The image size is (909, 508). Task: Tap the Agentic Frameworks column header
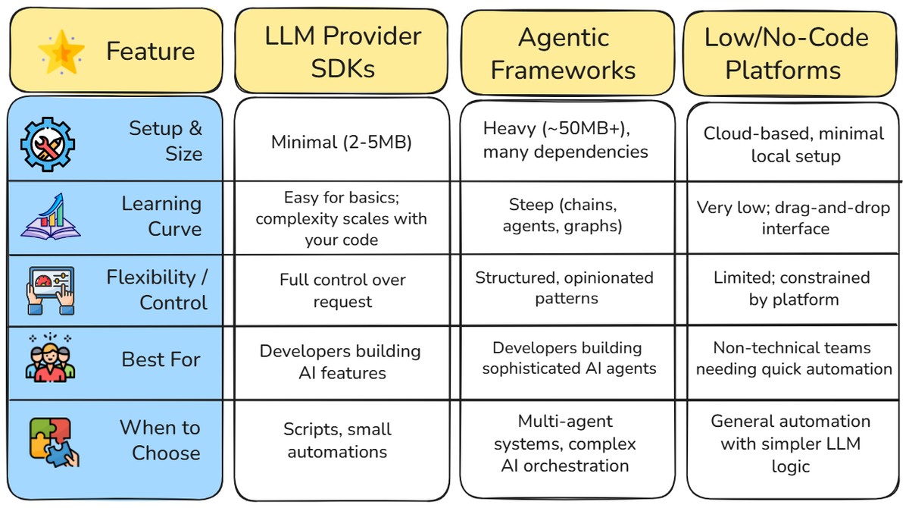click(563, 53)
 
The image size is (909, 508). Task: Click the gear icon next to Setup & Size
click(47, 142)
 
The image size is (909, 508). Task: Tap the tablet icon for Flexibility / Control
click(50, 289)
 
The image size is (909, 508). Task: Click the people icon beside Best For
click(50, 359)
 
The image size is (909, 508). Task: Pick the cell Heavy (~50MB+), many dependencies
click(565, 140)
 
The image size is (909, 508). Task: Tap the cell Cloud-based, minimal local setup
click(794, 145)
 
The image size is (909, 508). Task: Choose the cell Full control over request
click(342, 290)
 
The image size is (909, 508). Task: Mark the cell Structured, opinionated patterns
click(564, 288)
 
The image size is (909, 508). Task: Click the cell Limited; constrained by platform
click(792, 288)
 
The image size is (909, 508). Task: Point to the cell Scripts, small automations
click(338, 441)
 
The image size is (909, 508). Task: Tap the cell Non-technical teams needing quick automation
click(794, 359)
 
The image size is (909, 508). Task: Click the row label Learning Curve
click(161, 216)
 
